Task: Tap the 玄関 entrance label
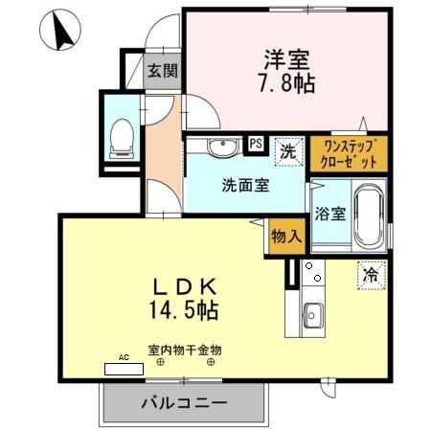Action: pyautogui.click(x=162, y=70)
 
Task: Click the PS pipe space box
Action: pyautogui.click(x=256, y=144)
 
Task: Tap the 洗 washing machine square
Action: pyautogui.click(x=285, y=149)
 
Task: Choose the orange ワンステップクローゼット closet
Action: pyautogui.click(x=349, y=153)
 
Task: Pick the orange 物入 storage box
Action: pyautogui.click(x=284, y=234)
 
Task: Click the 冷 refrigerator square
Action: pyautogui.click(x=370, y=274)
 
